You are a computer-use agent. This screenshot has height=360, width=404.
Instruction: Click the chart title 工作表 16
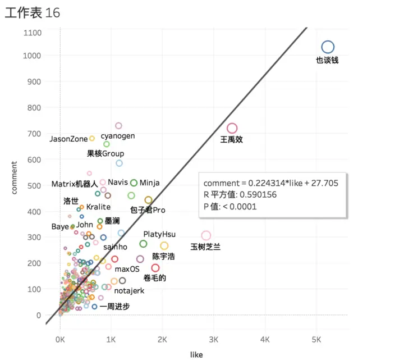click(x=32, y=12)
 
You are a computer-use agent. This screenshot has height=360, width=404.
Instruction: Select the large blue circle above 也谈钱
click(x=328, y=47)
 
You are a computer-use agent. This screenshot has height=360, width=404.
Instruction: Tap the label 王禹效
click(x=231, y=140)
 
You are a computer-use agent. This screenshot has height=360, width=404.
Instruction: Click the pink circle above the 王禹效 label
click(x=232, y=129)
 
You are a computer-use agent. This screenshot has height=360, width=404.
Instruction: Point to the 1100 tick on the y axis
click(x=32, y=33)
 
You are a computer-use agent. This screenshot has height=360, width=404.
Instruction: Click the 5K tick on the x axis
click(x=316, y=340)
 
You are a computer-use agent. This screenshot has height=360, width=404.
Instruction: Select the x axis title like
click(x=196, y=354)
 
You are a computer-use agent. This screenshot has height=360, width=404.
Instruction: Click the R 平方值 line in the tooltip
click(x=240, y=195)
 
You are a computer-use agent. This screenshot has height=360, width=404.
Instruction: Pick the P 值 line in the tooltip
click(x=230, y=206)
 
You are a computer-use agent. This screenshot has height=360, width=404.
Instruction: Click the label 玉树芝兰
click(x=206, y=247)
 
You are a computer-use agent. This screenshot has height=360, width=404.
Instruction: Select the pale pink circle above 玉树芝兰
click(x=206, y=235)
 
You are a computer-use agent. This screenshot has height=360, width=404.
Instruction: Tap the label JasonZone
click(x=68, y=139)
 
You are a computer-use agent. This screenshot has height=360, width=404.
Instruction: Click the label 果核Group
click(x=105, y=153)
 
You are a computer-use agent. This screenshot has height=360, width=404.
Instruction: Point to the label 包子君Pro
click(x=148, y=210)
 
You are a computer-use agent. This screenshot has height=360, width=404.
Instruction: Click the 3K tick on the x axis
click(x=214, y=340)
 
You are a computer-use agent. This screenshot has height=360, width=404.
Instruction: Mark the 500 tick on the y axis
click(x=35, y=185)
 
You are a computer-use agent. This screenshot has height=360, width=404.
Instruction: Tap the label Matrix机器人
click(x=75, y=184)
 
